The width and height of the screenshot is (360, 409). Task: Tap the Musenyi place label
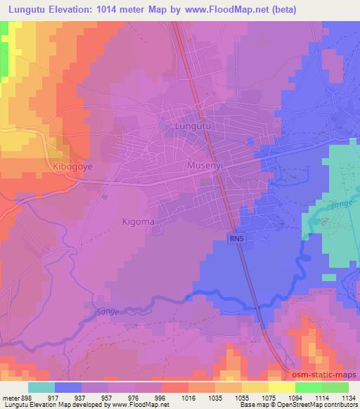click(x=205, y=166)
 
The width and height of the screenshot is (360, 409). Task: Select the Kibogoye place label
click(x=72, y=167)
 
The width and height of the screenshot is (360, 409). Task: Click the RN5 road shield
click(x=237, y=239)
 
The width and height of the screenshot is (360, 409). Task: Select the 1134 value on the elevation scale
click(x=347, y=398)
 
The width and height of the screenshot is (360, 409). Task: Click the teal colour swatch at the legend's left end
click(x=41, y=387)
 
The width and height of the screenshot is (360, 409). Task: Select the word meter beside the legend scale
click(x=11, y=398)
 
